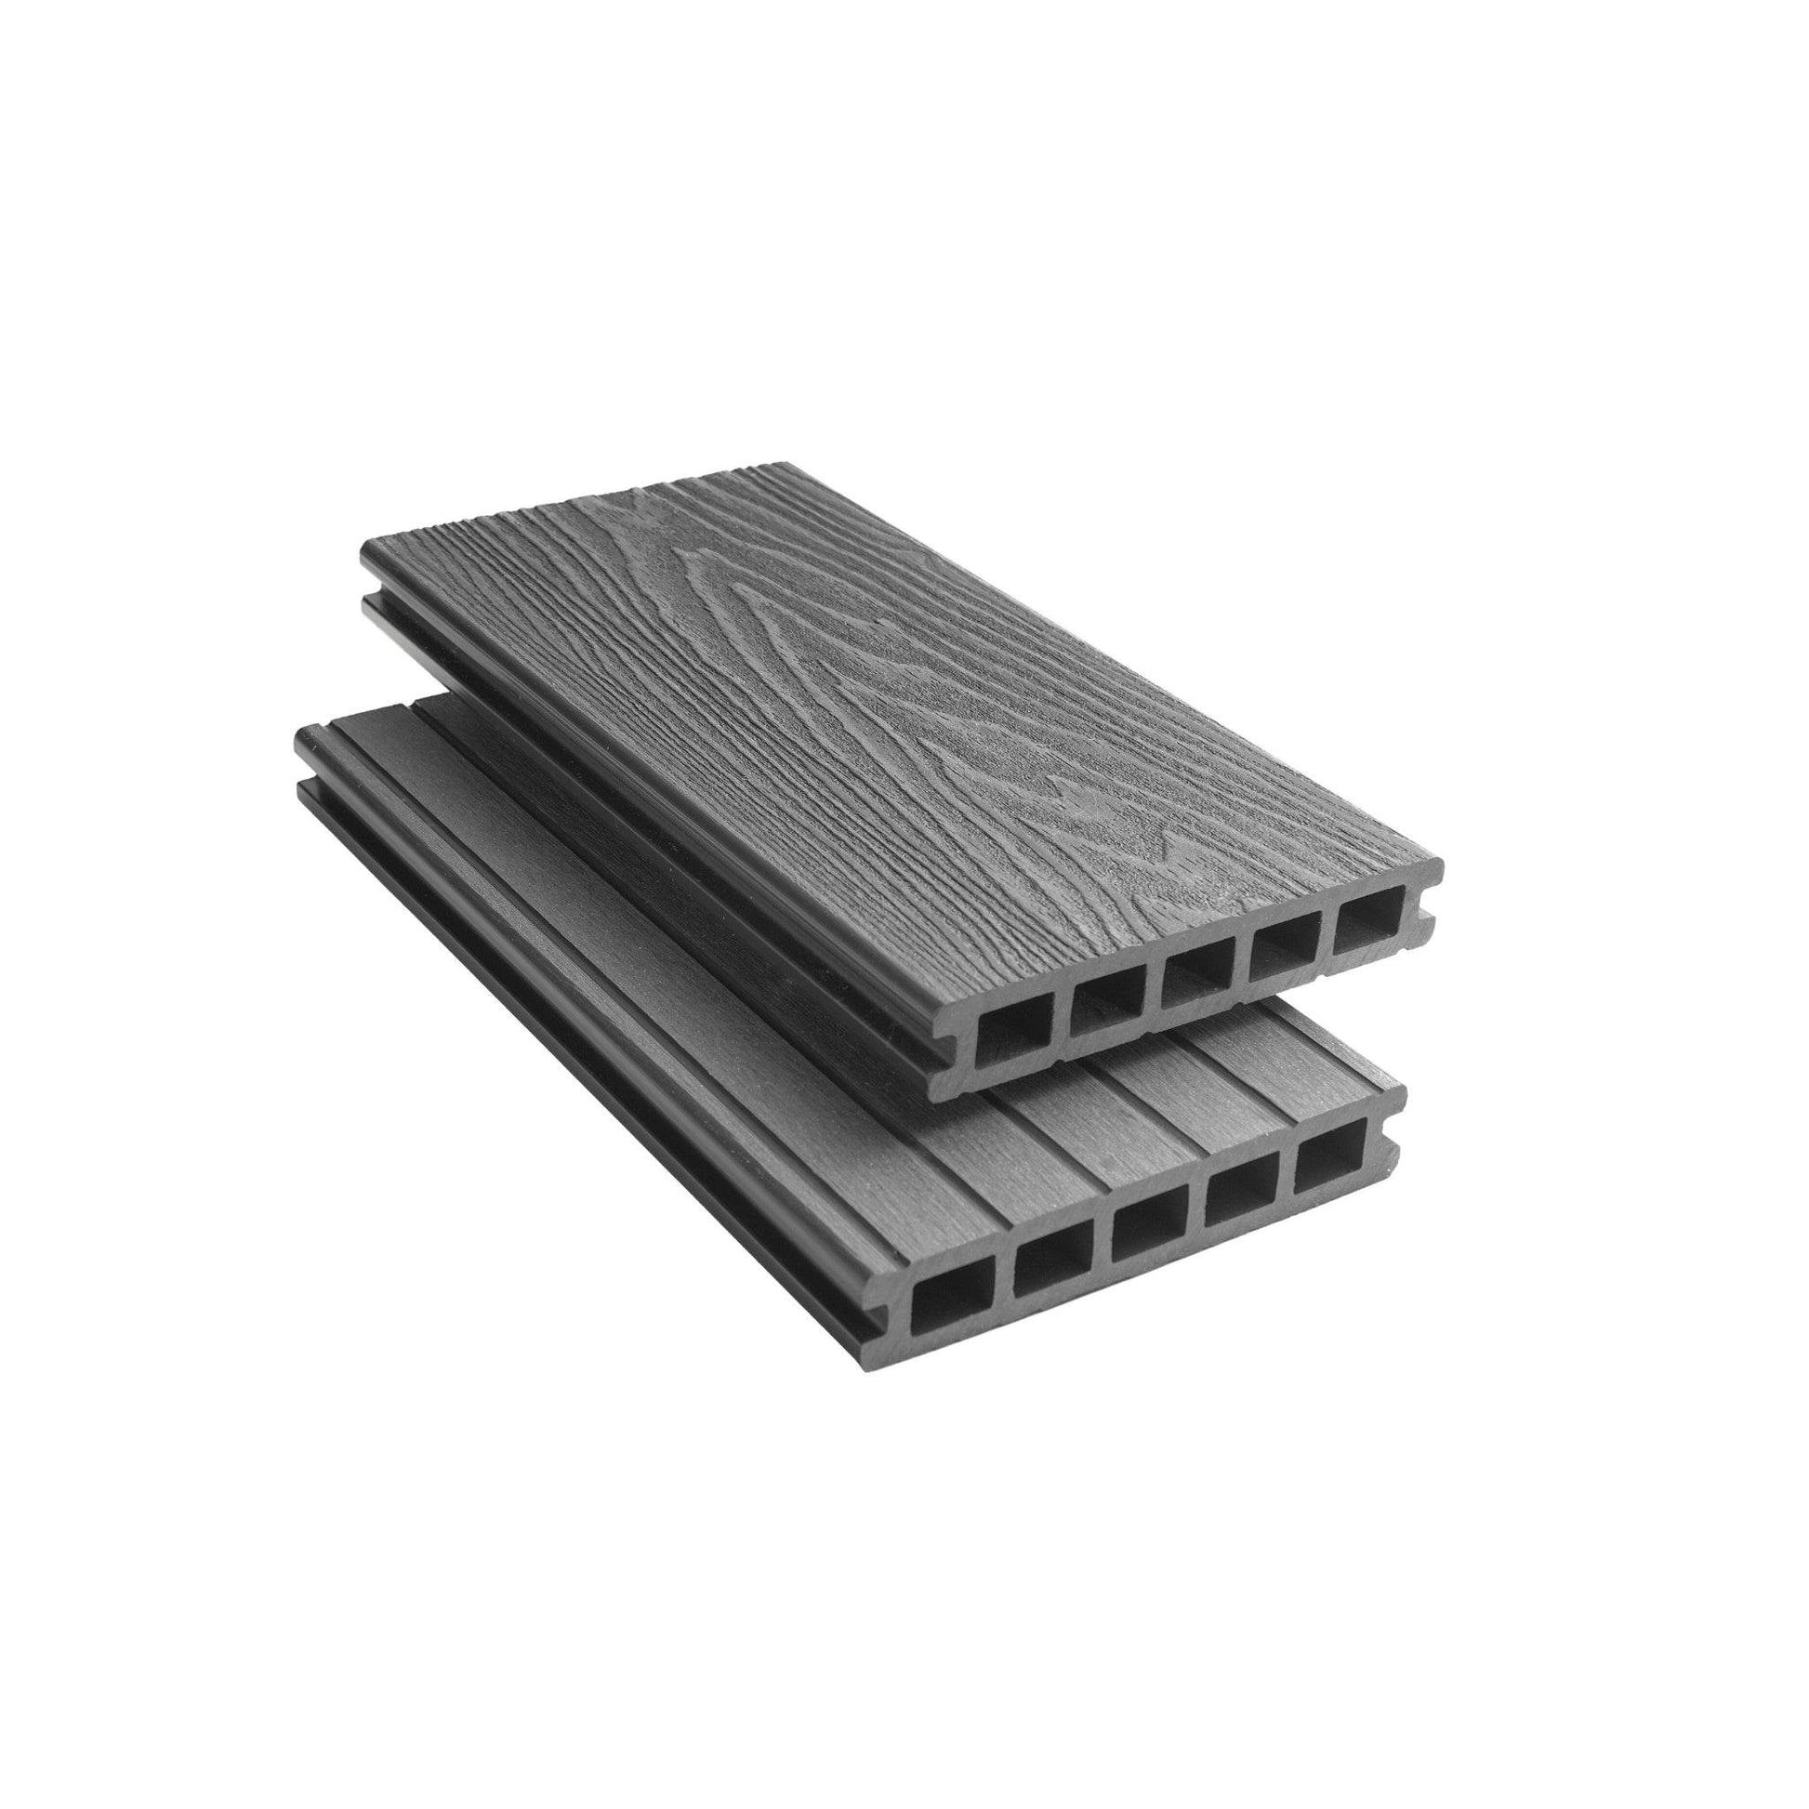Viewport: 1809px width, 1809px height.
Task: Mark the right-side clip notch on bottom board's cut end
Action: [x=1388, y=1159]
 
